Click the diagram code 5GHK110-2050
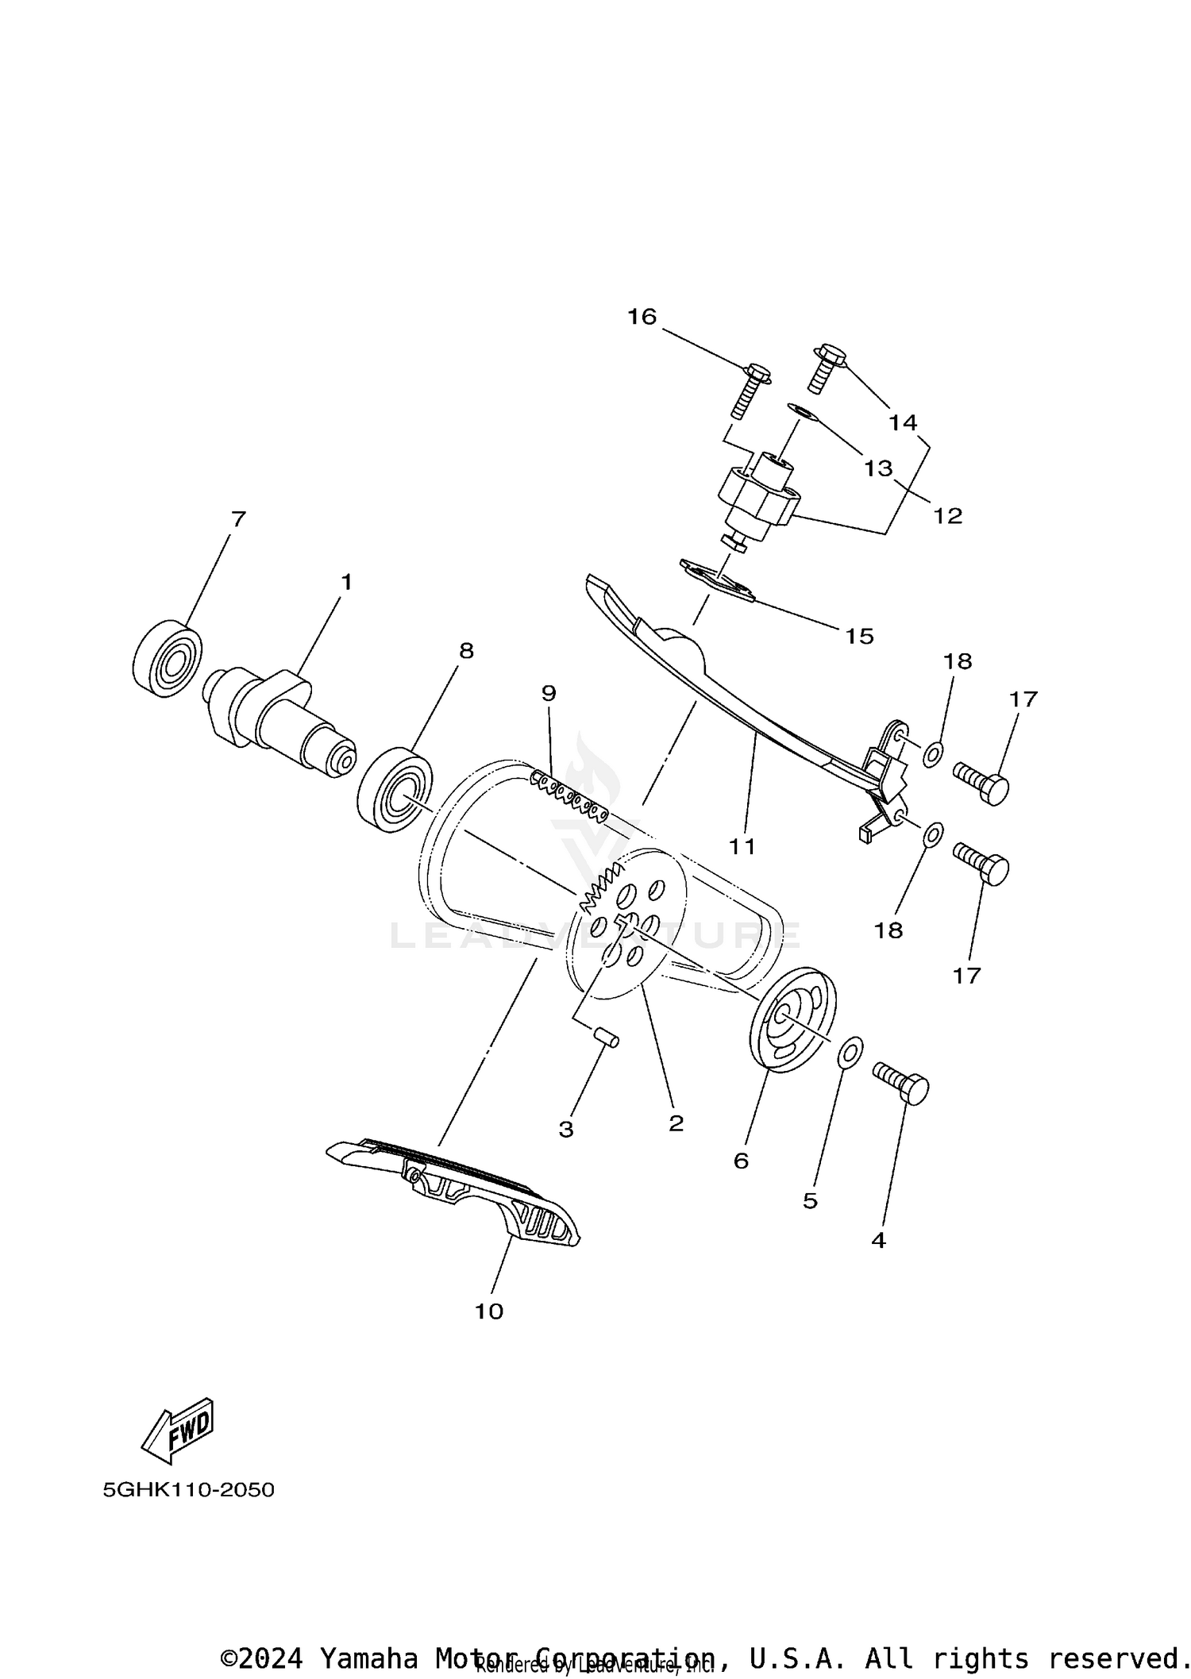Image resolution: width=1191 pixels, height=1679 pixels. (188, 1489)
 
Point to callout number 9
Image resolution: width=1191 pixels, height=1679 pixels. (549, 693)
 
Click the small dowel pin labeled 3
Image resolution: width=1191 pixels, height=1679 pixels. (608, 1038)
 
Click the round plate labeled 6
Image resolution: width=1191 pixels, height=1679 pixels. (792, 1019)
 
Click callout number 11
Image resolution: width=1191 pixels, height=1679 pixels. (742, 846)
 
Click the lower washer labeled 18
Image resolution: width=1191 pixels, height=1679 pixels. (935, 834)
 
